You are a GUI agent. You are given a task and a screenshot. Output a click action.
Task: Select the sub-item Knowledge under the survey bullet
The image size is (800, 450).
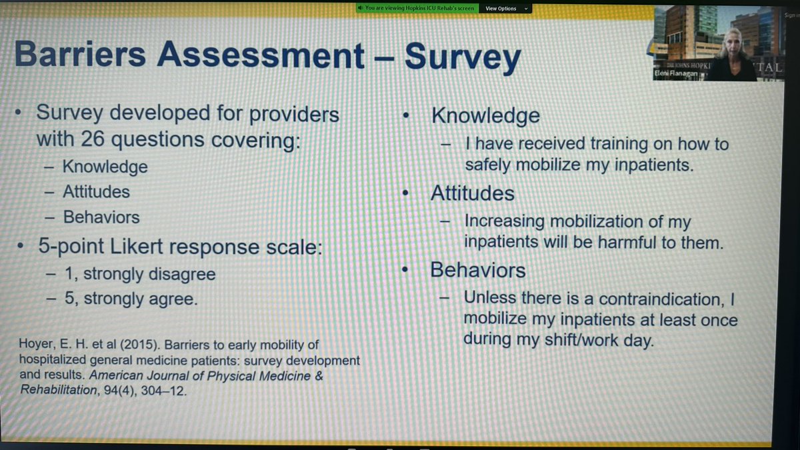pos(105,166)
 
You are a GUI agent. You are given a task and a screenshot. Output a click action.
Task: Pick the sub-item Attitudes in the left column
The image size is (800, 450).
pos(96,192)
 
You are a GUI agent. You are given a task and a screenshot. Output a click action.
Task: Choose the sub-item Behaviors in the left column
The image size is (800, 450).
pos(101,217)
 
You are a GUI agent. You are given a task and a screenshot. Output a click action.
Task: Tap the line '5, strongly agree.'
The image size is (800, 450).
pos(130,299)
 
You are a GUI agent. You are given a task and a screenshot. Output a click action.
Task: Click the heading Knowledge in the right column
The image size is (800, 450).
pos(485,115)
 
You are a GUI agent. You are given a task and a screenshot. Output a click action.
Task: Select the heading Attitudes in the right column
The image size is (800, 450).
pos(472,193)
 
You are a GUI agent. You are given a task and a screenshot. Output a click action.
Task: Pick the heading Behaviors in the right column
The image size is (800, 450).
pos(477,270)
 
